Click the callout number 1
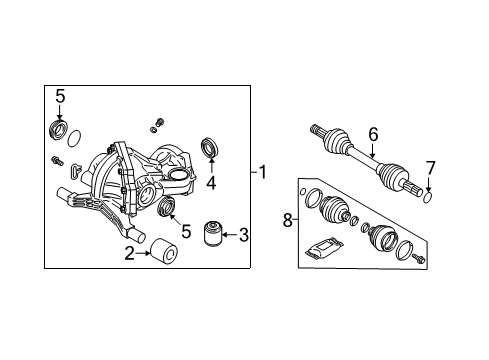(x=263, y=172)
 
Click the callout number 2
(x=130, y=255)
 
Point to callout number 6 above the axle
(x=373, y=132)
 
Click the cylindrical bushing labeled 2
(x=163, y=249)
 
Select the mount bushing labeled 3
(x=212, y=234)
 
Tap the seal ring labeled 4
(x=212, y=146)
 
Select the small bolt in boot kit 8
(x=417, y=259)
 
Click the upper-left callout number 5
(x=59, y=97)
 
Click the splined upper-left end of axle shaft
(x=319, y=130)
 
